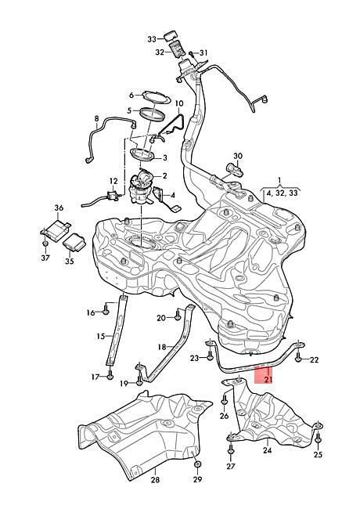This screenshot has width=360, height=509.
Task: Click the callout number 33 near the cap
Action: click(x=152, y=39)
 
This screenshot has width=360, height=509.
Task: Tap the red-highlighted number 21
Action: click(x=268, y=379)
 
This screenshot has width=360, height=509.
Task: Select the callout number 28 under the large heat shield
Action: click(x=156, y=479)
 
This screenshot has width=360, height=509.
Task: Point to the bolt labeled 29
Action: click(x=197, y=464)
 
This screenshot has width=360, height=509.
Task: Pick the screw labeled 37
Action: click(x=45, y=243)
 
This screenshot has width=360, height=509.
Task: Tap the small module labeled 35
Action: click(x=74, y=242)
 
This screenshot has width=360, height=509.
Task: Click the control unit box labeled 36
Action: click(x=56, y=229)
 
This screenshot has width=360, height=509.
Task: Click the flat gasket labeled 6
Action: click(x=156, y=96)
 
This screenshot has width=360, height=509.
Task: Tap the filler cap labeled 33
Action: click(x=171, y=35)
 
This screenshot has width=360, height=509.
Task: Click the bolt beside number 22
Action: click(x=298, y=357)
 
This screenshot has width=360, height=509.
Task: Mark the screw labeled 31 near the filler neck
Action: click(x=191, y=54)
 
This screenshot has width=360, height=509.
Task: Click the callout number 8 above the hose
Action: click(x=96, y=119)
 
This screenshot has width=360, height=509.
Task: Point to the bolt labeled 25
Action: click(x=318, y=436)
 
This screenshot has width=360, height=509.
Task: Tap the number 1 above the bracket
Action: click(x=279, y=179)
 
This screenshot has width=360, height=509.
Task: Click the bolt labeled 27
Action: click(x=231, y=449)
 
